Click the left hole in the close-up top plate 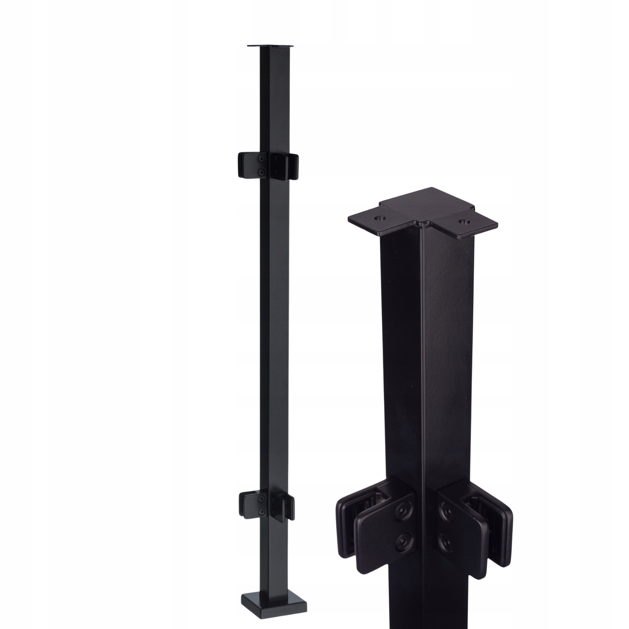pyautogui.click(x=379, y=218)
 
